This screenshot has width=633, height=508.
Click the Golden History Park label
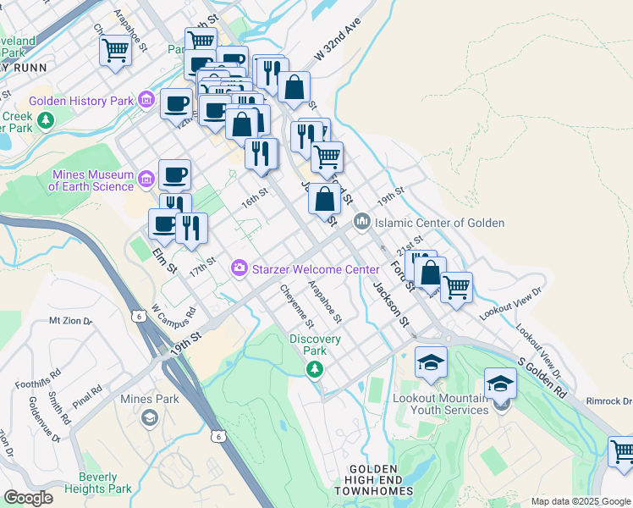pos(81,101)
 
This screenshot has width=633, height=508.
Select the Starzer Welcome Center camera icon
pos(239,268)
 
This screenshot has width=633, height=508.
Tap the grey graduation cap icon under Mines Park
pos(149,417)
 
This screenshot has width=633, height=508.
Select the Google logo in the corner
pos(28,498)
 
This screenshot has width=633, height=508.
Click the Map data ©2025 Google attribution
pos(581,501)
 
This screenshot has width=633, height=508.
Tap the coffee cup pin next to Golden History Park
pos(176,103)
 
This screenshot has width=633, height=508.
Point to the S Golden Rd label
pos(542,378)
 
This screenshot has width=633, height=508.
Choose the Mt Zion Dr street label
pos(68,321)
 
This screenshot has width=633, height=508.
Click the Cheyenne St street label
pos(297,306)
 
